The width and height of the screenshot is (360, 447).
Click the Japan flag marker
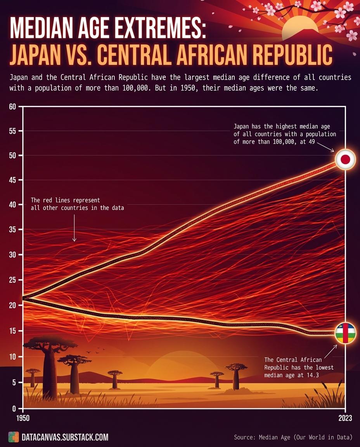(345, 159)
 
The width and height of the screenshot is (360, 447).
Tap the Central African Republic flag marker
(345, 333)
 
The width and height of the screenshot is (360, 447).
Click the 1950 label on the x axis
(22, 418)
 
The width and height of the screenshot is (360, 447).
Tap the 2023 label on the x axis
(345, 418)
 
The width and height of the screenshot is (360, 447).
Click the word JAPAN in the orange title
(37, 55)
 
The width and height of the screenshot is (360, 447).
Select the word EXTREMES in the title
(156, 29)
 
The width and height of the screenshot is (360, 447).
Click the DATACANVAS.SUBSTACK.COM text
(65, 437)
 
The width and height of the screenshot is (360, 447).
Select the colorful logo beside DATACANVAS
(13, 437)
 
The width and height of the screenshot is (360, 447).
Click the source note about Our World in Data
(293, 437)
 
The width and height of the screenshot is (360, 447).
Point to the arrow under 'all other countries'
(74, 229)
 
